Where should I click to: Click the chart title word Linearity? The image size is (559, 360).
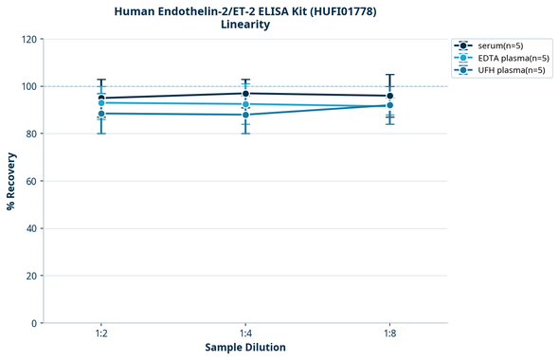244,25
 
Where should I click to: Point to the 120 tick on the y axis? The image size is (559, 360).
29,40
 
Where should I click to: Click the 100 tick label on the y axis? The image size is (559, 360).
29,86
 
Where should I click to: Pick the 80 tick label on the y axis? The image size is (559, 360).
32,134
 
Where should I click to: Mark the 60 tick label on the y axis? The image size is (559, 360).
32,181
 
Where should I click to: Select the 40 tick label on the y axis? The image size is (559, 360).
32,228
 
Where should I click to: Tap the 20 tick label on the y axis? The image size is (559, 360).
32,276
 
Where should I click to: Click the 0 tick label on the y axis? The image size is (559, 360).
35,323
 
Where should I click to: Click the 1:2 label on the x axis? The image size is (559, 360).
100,334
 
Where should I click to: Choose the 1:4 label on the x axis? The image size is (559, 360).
245,334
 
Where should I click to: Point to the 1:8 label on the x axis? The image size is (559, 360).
389,334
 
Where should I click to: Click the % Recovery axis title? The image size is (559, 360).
11,181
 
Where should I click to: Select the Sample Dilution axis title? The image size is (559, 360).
245,348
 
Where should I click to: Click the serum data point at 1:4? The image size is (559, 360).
245,94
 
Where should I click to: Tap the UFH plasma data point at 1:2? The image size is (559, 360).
100,114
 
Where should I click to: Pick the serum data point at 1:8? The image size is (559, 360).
389,96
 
